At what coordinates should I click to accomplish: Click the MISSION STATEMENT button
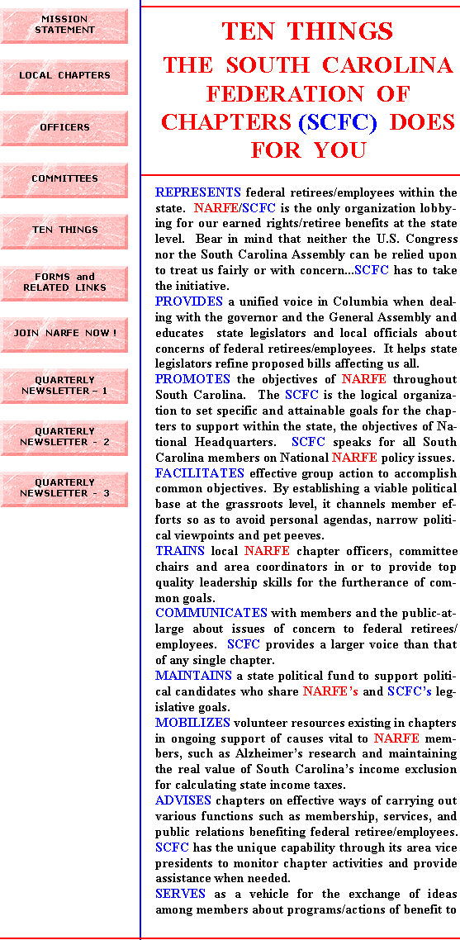64,25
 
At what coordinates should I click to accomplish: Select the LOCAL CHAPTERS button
64,77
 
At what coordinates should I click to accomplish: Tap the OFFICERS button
64,128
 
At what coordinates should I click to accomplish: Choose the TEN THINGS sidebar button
64,231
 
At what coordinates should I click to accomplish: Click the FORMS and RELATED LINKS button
64,283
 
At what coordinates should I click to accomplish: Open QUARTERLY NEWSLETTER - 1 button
64,386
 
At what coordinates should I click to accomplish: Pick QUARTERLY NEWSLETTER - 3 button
64,489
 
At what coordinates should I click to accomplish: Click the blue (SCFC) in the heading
338,121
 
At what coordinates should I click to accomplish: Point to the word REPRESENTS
198,192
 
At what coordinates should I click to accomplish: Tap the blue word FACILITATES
200,472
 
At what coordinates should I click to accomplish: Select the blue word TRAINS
180,550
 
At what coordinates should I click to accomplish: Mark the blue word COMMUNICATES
211,613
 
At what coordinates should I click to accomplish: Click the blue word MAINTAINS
193,675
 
